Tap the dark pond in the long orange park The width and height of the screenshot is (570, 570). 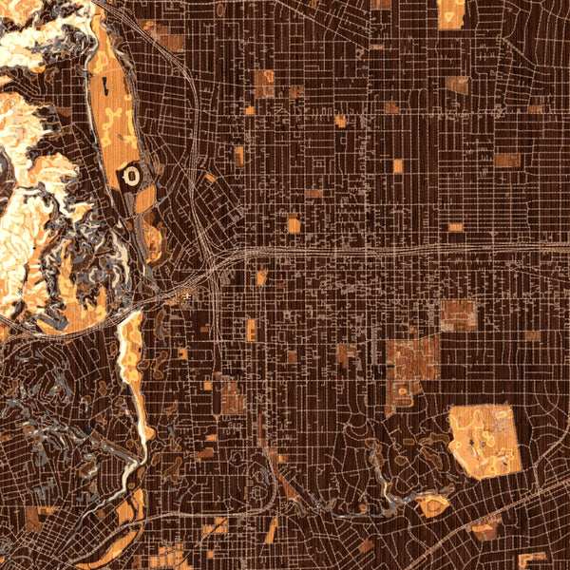(x=102, y=92)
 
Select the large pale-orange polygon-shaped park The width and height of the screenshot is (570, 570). (x=484, y=440)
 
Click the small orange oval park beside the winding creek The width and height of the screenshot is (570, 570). (x=432, y=503)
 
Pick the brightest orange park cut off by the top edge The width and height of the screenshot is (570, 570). (x=451, y=11)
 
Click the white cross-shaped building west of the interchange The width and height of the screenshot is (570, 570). (x=189, y=297)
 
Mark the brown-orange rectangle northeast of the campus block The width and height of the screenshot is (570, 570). (x=459, y=314)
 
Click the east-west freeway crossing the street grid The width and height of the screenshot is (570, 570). (x=380, y=252)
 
